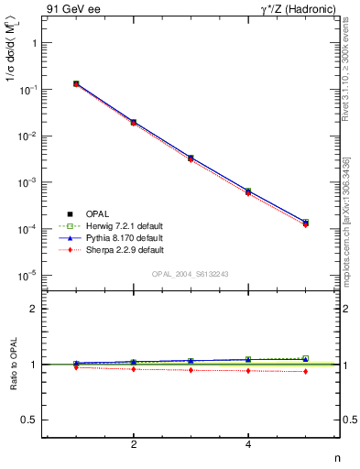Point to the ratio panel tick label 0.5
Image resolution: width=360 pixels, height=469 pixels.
pyautogui.click(x=31, y=420)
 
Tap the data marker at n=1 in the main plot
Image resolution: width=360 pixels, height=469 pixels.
pyautogui.click(x=76, y=83)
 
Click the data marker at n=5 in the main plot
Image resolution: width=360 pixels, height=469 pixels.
pyautogui.click(x=305, y=223)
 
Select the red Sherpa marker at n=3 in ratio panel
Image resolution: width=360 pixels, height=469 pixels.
pyautogui.click(x=191, y=370)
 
